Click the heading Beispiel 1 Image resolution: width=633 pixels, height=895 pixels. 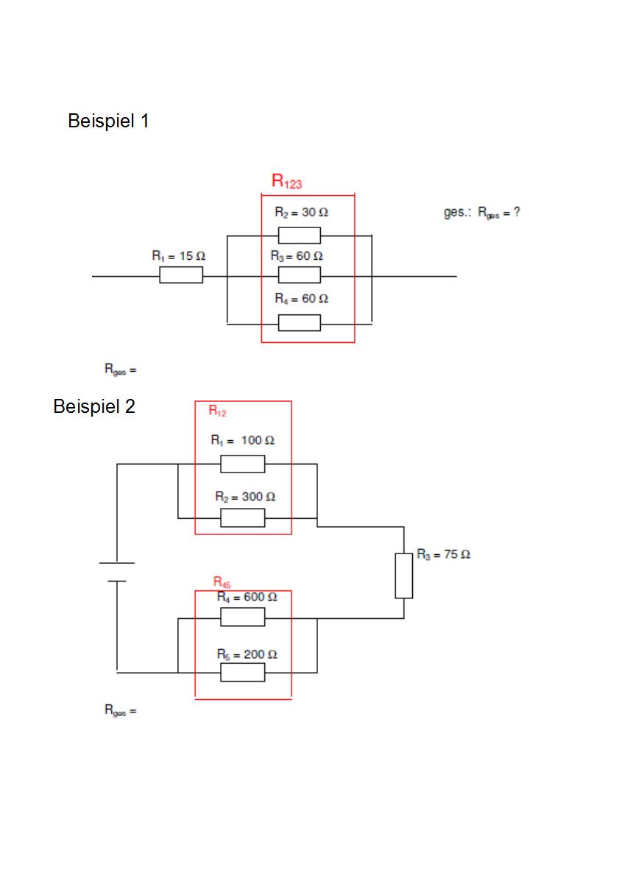(108, 121)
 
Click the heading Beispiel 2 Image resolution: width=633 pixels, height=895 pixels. (94, 407)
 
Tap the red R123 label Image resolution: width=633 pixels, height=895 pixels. (286, 181)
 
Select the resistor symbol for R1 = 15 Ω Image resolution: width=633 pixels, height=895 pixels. (181, 275)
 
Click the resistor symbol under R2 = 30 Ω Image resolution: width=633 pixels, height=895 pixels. (300, 236)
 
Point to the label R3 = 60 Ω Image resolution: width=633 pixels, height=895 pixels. (297, 256)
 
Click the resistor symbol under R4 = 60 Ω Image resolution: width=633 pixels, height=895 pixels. (300, 323)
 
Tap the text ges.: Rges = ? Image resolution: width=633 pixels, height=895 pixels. (482, 212)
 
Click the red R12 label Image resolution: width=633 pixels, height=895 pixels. (217, 411)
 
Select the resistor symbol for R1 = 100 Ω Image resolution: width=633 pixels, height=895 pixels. (243, 464)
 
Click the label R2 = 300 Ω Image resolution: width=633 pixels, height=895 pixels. (245, 497)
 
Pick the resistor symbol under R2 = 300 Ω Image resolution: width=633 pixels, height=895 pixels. (243, 518)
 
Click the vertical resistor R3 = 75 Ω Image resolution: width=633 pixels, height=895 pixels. (403, 576)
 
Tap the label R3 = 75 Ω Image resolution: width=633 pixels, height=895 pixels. (443, 554)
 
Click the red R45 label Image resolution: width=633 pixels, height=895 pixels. (222, 581)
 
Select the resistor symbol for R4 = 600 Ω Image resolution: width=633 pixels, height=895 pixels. (243, 617)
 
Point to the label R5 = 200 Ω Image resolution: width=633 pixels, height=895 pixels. (247, 654)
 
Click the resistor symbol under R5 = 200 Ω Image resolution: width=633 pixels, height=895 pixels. (243, 673)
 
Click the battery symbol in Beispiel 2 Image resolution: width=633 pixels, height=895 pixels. (117, 572)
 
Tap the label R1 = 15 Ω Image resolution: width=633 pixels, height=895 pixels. (179, 256)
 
